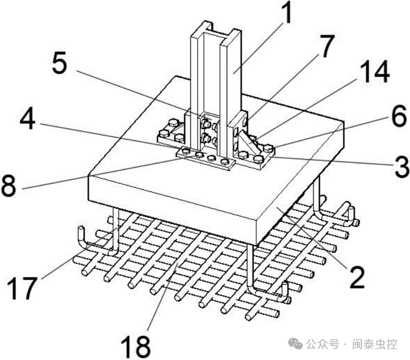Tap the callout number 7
pos(326,46)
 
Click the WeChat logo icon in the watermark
pos(295,343)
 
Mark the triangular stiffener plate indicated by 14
pos(249,141)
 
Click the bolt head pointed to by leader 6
pos(268,149)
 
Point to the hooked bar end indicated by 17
pos(84,238)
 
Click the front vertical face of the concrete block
pos(173,209)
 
